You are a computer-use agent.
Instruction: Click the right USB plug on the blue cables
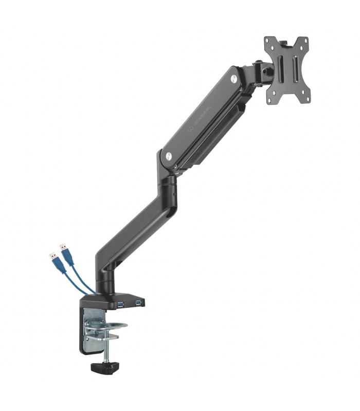64,248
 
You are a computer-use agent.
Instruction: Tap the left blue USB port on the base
120,305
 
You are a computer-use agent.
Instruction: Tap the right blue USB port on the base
138,302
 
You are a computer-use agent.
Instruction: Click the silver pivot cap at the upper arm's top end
235,78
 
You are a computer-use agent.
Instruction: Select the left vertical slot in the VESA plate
280,67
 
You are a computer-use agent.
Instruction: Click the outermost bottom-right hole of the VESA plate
307,96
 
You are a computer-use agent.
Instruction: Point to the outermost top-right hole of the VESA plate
304,41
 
